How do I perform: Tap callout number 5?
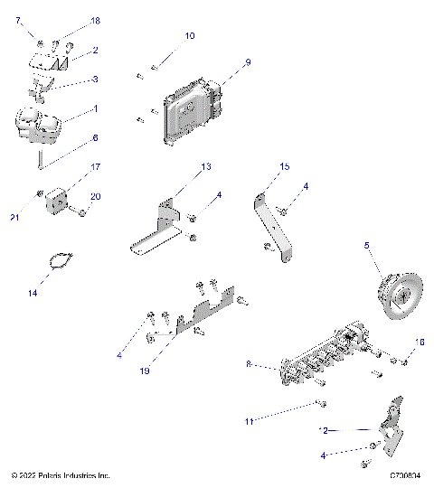pos(366,244)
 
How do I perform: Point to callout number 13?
pos(206,167)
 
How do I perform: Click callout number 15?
pos(285,167)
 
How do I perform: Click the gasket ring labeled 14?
pos(59,263)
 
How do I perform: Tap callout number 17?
pos(95,166)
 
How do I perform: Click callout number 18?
pos(95,20)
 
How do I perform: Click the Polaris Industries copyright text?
pos(60,474)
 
